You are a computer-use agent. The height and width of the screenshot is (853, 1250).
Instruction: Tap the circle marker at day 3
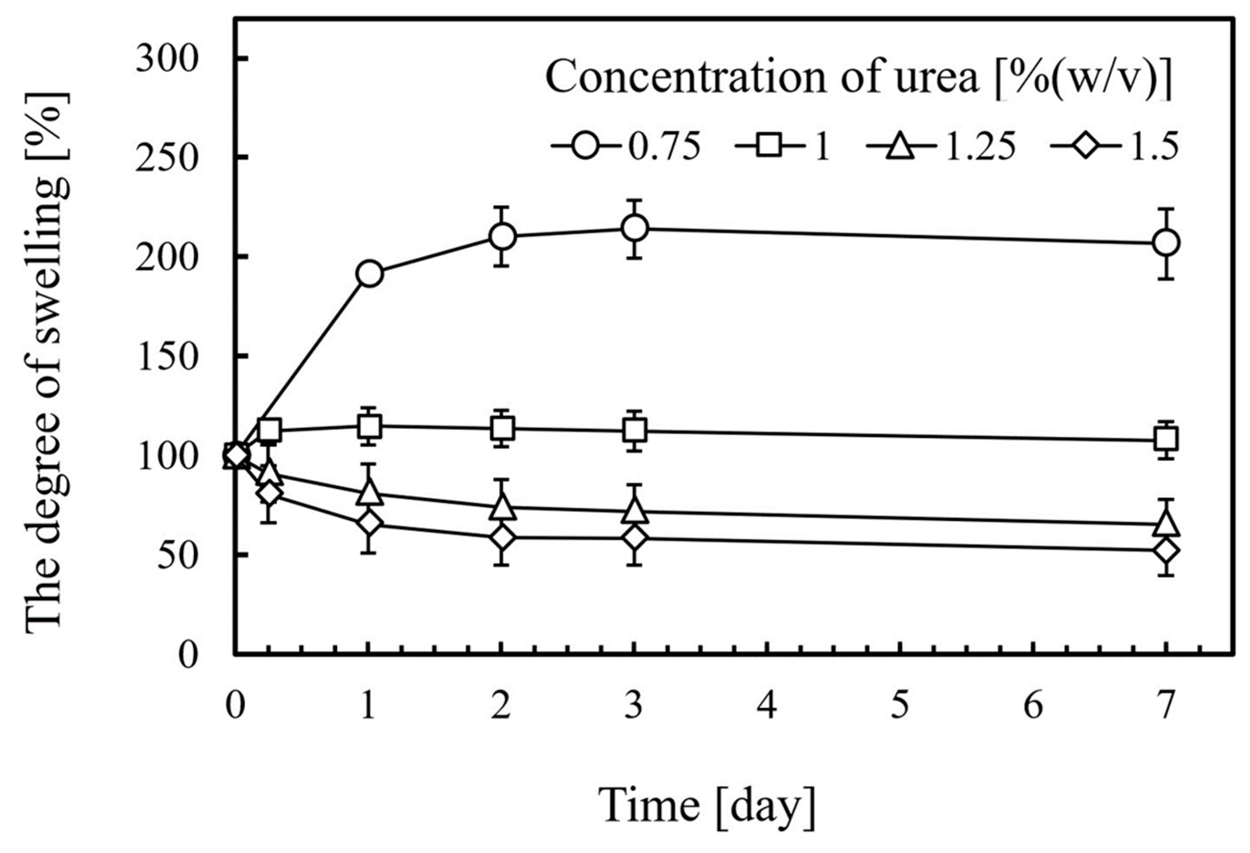pos(635,228)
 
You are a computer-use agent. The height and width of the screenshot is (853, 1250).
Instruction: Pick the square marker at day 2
pos(502,428)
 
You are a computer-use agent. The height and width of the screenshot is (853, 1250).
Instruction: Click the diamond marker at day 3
pos(635,538)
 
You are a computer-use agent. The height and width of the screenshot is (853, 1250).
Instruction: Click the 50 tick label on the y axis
pos(179,556)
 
